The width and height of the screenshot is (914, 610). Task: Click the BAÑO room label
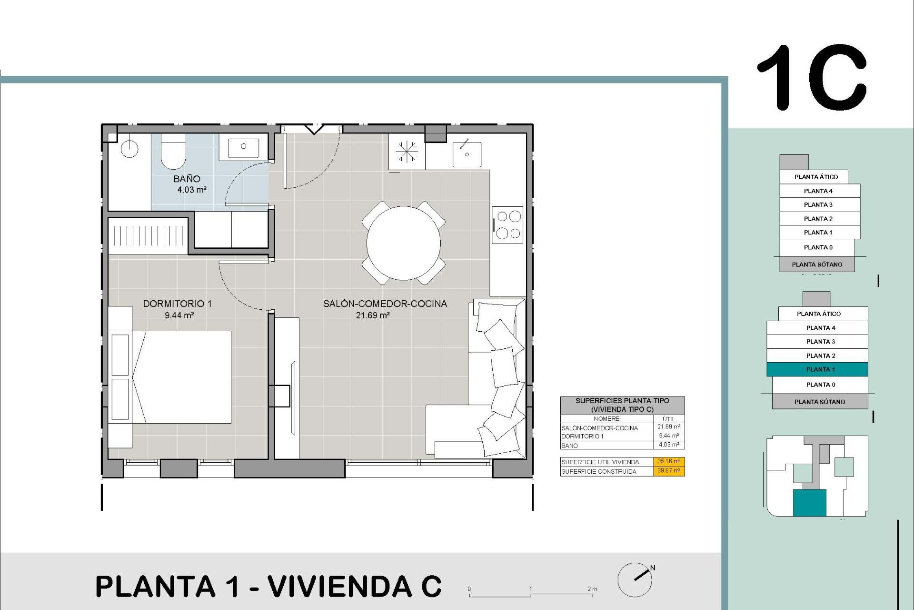187,179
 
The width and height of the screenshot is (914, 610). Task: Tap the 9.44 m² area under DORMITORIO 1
179,315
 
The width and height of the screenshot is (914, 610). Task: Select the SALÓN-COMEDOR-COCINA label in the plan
385,304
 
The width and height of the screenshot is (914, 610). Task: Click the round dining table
403,243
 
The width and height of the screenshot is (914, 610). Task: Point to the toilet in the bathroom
173,152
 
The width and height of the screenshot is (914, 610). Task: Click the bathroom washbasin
243,147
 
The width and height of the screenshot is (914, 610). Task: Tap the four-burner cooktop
508,224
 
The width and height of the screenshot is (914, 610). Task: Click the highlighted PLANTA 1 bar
817,369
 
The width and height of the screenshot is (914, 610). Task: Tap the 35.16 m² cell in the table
668,461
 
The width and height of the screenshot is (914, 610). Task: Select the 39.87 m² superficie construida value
668,471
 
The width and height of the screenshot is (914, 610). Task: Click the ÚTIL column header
668,418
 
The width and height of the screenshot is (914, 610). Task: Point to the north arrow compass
635,579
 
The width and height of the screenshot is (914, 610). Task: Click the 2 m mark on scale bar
592,590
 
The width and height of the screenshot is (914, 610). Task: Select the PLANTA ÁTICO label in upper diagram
816,177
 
